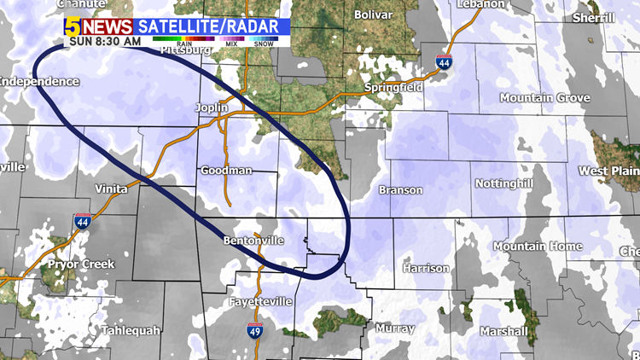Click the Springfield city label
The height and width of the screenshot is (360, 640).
pyautogui.click(x=393, y=87)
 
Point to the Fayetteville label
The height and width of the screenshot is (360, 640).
pyautogui.click(x=261, y=302)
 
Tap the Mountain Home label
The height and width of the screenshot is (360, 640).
pyautogui.click(x=538, y=247)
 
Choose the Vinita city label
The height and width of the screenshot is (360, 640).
pyautogui.click(x=111, y=188)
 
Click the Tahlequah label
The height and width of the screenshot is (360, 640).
pyautogui.click(x=131, y=330)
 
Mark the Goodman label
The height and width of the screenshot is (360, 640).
pyautogui.click(x=226, y=171)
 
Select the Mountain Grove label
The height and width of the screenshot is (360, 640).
pyautogui.click(x=544, y=98)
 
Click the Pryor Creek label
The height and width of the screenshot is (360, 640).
pyautogui.click(x=80, y=264)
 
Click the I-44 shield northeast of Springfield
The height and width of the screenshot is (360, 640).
pyautogui.click(x=444, y=62)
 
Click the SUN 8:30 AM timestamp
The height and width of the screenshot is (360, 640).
pyautogui.click(x=105, y=40)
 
